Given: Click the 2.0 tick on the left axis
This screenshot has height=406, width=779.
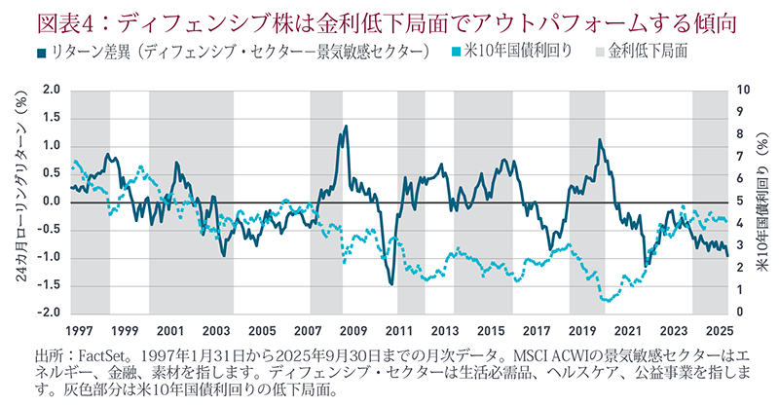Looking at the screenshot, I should [x=52, y=91].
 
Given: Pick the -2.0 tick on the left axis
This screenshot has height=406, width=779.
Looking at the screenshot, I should [x=50, y=313].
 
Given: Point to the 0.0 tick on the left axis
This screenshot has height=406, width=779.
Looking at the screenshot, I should [x=52, y=202].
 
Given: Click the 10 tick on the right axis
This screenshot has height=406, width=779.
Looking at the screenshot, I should [x=742, y=91].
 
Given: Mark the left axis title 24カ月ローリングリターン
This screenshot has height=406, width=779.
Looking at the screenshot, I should [x=20, y=202].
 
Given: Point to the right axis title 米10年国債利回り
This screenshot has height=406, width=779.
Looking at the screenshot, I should [x=764, y=202].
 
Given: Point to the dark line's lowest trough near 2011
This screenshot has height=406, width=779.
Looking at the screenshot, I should [x=390, y=284].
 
